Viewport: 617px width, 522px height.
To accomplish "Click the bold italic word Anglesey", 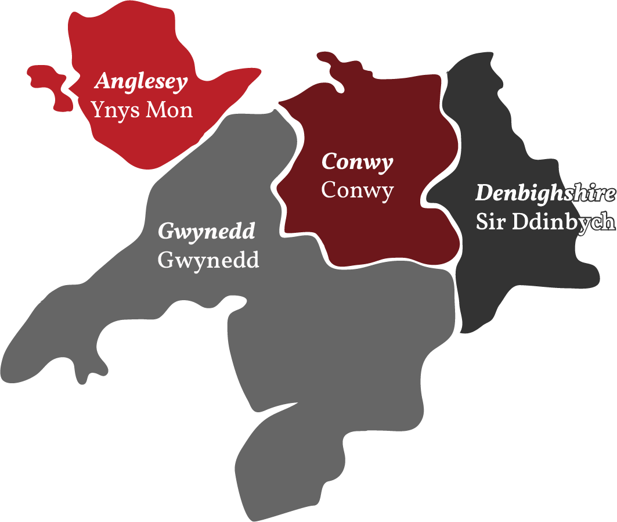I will pyautogui.click(x=141, y=82).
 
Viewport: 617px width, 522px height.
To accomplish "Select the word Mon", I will pyautogui.click(x=169, y=110).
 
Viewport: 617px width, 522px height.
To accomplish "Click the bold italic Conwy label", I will pyautogui.click(x=357, y=162).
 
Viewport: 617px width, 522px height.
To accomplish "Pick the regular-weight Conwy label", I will pyautogui.click(x=357, y=190).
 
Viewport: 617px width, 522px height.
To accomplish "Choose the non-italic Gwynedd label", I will pyautogui.click(x=208, y=260).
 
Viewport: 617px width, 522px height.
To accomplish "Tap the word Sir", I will pyautogui.click(x=490, y=222).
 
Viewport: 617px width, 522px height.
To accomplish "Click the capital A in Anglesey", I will pyautogui.click(x=103, y=82).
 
